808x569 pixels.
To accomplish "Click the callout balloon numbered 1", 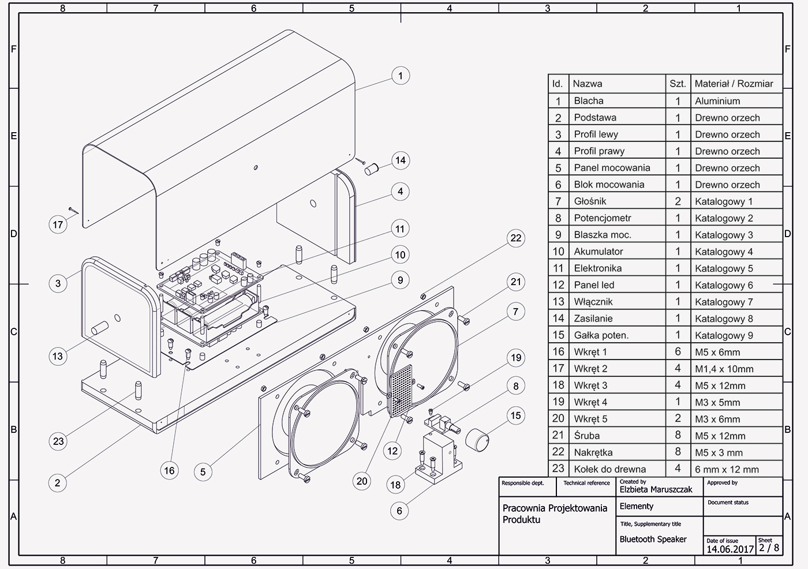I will pyautogui.click(x=400, y=76).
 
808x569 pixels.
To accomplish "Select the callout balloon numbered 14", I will pyautogui.click(x=400, y=160).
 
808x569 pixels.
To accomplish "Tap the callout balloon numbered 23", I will pyautogui.click(x=58, y=441).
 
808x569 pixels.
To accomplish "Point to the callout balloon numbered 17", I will pyautogui.click(x=58, y=224).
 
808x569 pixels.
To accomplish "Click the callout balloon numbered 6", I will pyautogui.click(x=399, y=510).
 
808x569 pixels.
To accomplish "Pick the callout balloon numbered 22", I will pyautogui.click(x=515, y=238).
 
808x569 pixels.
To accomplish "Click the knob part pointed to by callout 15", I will pyautogui.click(x=478, y=439).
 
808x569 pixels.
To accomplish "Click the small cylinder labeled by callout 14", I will pyautogui.click(x=371, y=169).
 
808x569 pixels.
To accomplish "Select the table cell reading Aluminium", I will pyautogui.click(x=717, y=101).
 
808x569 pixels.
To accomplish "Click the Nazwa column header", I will pyautogui.click(x=588, y=84).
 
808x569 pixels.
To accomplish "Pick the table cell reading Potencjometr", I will pyautogui.click(x=603, y=218).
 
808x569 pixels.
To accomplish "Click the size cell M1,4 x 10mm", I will pyautogui.click(x=724, y=369).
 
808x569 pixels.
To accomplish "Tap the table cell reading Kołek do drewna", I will pyautogui.click(x=610, y=469).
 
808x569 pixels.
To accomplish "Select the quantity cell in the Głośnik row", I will pyautogui.click(x=678, y=201).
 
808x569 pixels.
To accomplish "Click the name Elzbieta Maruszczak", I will pyautogui.click(x=656, y=489).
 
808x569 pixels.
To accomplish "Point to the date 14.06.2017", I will pyautogui.click(x=730, y=549).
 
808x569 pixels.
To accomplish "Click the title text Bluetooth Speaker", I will pyautogui.click(x=653, y=539).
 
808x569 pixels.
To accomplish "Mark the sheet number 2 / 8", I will pyautogui.click(x=769, y=548).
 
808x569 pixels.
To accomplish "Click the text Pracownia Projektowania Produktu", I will pyautogui.click(x=554, y=514).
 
